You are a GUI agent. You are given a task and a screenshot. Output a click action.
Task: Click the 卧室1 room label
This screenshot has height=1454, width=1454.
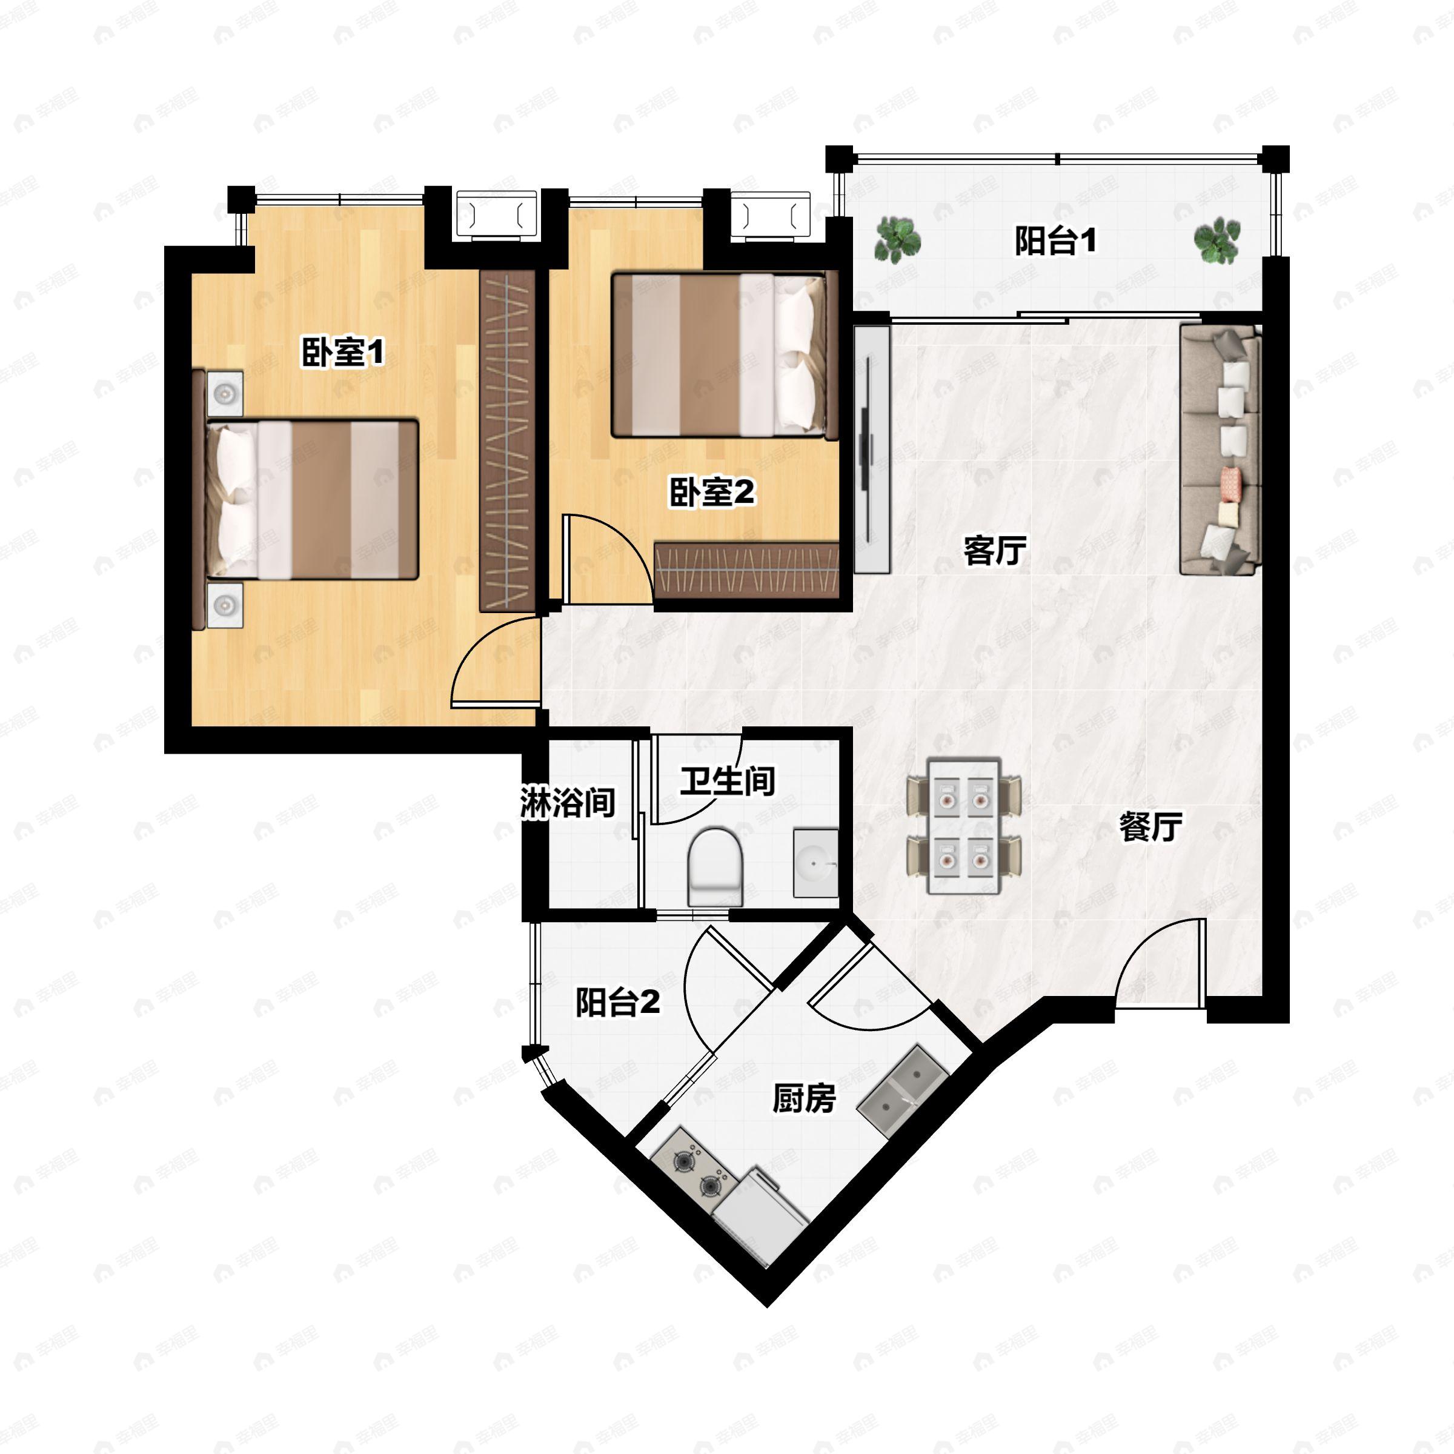pyautogui.click(x=343, y=352)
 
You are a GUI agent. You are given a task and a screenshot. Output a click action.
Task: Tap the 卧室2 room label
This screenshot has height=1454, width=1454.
pyautogui.click(x=712, y=493)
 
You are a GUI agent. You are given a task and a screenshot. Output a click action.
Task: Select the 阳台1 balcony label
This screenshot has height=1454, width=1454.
pyautogui.click(x=1055, y=241)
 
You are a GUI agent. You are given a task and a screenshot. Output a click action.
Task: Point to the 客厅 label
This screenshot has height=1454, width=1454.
pyautogui.click(x=995, y=550)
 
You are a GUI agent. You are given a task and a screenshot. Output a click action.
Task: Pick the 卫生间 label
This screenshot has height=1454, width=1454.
pyautogui.click(x=727, y=780)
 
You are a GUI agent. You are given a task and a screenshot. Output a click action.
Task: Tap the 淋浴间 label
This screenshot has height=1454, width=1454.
pyautogui.click(x=568, y=803)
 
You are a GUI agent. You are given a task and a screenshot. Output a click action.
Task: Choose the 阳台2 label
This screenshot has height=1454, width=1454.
pyautogui.click(x=618, y=1003)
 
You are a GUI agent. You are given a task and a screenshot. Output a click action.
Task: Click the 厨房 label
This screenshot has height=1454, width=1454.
pyautogui.click(x=804, y=1100)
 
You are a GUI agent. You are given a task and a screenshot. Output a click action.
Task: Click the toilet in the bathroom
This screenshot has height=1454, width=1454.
pyautogui.click(x=715, y=867)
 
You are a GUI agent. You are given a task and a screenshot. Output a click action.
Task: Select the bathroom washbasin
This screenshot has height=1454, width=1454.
pyautogui.click(x=816, y=863)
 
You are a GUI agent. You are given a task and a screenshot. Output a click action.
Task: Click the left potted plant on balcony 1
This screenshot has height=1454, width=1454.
pyautogui.click(x=897, y=240)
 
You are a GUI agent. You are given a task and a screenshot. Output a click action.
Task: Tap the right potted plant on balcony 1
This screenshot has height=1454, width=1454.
pyautogui.click(x=1217, y=241)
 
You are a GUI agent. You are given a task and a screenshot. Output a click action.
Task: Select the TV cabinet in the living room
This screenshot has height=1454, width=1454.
pyautogui.click(x=872, y=448)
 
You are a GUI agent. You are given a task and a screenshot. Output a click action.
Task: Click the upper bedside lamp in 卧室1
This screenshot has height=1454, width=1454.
pyautogui.click(x=225, y=393)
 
